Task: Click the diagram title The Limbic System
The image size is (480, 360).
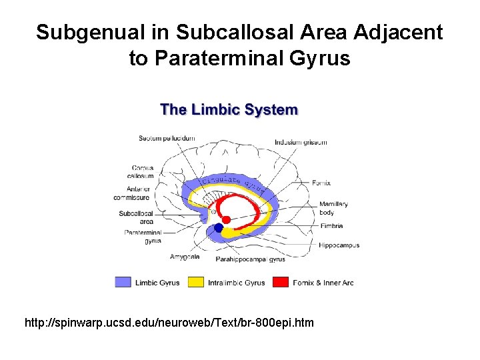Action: point(229,110)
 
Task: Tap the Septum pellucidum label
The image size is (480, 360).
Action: point(167,138)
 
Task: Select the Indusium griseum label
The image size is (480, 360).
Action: point(301,142)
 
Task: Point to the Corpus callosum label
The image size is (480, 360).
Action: point(143,172)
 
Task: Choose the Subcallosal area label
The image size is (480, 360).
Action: point(136,217)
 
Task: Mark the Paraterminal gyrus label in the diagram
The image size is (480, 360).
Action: point(143,237)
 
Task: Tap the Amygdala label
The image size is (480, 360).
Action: point(185,257)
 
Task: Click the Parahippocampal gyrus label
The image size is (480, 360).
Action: point(250,259)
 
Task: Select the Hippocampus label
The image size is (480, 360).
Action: point(339,245)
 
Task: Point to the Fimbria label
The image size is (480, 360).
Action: point(331,227)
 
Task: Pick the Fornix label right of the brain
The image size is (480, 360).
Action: point(321,183)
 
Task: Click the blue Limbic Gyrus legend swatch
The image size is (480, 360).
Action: point(123,282)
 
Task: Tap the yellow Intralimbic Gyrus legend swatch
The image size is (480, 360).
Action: point(196,282)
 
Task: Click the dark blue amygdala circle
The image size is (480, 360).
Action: point(218,228)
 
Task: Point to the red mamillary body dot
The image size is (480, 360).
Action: point(226,219)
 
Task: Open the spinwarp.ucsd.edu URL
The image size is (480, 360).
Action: point(169,323)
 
